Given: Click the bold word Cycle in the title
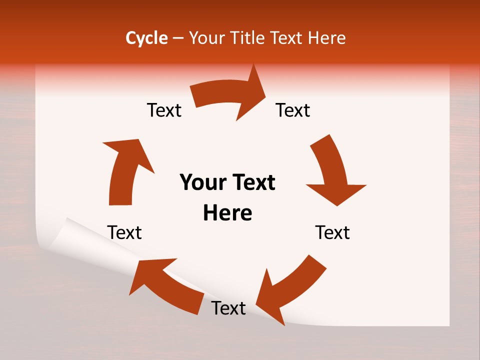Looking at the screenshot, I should click(x=146, y=38).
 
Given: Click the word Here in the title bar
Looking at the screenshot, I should click(x=327, y=38).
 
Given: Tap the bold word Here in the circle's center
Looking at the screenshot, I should click(x=227, y=213).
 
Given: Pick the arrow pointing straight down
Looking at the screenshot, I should click(x=332, y=170).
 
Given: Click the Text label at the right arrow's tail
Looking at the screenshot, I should click(x=164, y=110).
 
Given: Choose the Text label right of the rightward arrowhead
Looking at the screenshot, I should click(x=293, y=110).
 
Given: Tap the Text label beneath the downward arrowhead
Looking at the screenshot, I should click(x=332, y=232).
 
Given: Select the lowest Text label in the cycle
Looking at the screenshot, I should click(x=228, y=308).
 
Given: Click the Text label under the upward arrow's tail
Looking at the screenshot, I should click(x=124, y=232).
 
